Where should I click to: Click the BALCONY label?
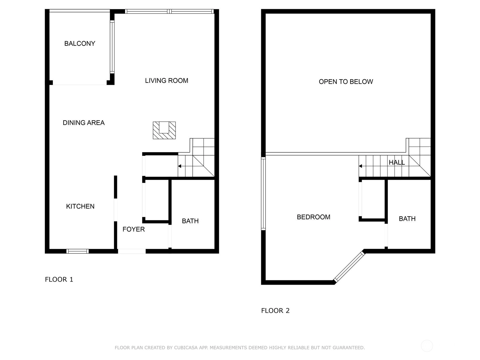tap(79, 43)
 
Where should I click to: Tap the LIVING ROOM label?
tap(166, 81)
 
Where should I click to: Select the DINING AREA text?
tap(83, 123)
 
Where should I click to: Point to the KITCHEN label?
tap(80, 206)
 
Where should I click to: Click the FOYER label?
tap(133, 229)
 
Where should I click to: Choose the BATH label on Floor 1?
tap(190, 221)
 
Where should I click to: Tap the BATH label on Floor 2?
tap(407, 219)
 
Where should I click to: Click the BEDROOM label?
tap(313, 217)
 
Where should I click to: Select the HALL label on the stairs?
tap(397, 162)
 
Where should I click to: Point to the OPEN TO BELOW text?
tap(346, 82)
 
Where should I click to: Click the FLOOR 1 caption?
tap(59, 279)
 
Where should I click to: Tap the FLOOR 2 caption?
tap(275, 310)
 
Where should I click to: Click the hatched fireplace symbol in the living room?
tap(164, 130)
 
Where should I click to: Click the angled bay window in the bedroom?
tap(349, 267)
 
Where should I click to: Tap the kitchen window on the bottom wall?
tap(77, 251)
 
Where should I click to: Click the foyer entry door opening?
tap(132, 251)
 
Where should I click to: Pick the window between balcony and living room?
tap(112, 47)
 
